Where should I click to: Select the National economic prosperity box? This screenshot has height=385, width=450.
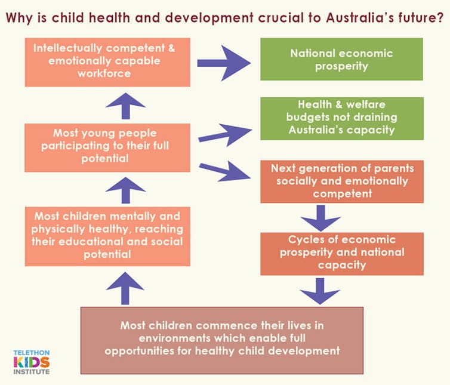click(341, 59)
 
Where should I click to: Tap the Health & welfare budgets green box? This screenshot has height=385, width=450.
click(342, 118)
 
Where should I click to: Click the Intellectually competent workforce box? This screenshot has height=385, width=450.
click(107, 62)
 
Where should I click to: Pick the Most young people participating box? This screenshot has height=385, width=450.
click(107, 147)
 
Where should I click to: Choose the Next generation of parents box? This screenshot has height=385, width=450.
click(342, 181)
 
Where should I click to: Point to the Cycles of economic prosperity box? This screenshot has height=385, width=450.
click(342, 254)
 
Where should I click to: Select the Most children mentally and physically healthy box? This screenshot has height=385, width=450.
click(107, 236)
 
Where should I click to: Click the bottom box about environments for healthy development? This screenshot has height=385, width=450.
click(222, 340)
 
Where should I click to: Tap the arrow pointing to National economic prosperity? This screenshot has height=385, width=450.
click(224, 63)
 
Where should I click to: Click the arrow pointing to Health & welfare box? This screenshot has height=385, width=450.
click(225, 135)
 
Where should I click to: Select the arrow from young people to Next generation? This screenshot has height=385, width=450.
click(224, 171)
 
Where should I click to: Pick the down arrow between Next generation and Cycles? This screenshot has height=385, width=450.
click(321, 218)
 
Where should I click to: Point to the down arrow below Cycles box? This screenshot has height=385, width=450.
click(320, 291)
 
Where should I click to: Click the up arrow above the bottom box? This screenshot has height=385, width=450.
click(125, 288)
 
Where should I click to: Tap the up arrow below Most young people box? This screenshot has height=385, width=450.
click(125, 190)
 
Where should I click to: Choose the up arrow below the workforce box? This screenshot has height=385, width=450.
click(125, 106)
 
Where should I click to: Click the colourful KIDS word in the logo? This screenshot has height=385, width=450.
click(32, 362)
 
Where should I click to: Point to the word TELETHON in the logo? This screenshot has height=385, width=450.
click(32, 353)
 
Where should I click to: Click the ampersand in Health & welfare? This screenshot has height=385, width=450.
click(338, 104)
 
